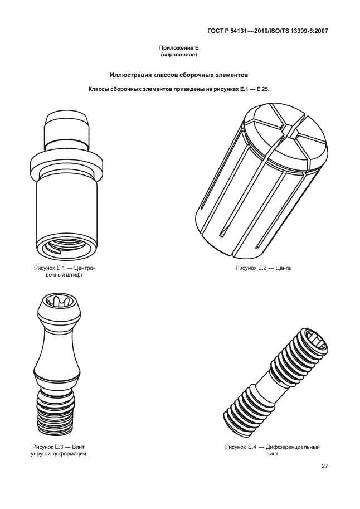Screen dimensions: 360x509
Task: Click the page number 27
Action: click(x=325, y=466)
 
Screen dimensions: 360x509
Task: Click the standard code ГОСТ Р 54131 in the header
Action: click(x=227, y=31)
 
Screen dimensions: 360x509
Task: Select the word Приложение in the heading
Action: click(x=176, y=48)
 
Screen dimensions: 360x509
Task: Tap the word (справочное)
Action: click(x=179, y=55)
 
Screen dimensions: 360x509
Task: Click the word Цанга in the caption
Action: click(x=283, y=268)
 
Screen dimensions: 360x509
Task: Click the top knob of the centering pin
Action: click(x=66, y=129)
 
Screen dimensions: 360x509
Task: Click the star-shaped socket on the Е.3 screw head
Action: click(x=58, y=300)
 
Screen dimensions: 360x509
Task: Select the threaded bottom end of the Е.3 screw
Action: click(x=57, y=412)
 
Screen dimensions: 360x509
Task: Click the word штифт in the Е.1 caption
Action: click(x=76, y=275)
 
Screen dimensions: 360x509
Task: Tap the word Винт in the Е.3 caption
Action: click(x=78, y=447)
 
